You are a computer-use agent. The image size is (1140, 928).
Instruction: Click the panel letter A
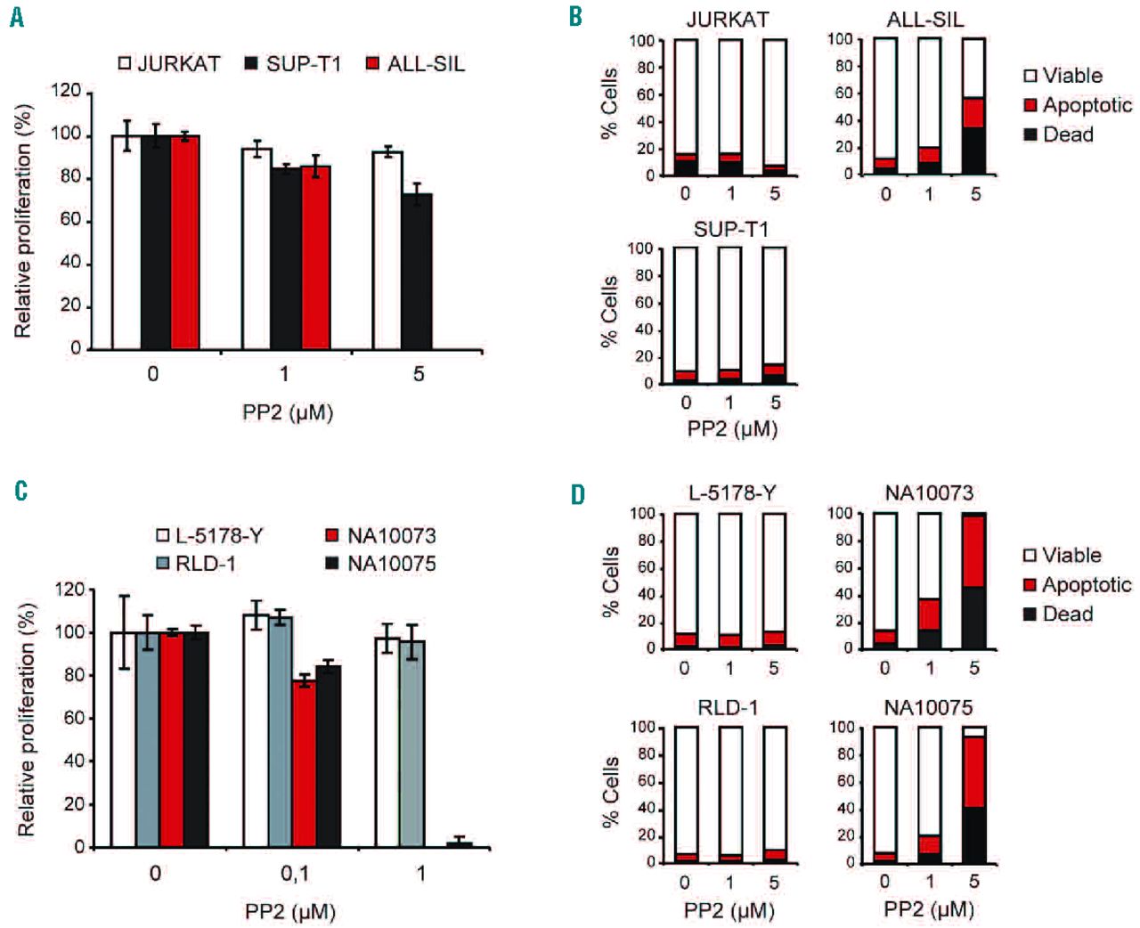tap(17, 17)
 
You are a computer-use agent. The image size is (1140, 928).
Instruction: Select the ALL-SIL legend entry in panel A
tap(416, 64)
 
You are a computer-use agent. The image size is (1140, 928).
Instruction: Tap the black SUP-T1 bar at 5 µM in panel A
tap(417, 272)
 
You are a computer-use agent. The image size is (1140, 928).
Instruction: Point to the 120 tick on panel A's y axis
tap(67, 92)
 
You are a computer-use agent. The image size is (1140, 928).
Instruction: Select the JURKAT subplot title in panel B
tap(728, 20)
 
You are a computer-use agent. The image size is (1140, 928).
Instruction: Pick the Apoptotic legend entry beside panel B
tap(1078, 105)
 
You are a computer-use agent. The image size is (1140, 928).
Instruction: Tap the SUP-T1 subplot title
tap(730, 229)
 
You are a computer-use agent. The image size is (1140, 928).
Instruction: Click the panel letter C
tap(20, 491)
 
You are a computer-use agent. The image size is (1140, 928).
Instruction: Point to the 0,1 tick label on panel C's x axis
tap(294, 874)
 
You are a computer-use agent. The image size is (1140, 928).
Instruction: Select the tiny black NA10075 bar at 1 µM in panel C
tap(460, 843)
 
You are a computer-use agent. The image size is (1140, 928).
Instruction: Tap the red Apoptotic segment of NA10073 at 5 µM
tap(973, 551)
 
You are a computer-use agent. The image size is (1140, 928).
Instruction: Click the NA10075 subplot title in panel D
tap(928, 707)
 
